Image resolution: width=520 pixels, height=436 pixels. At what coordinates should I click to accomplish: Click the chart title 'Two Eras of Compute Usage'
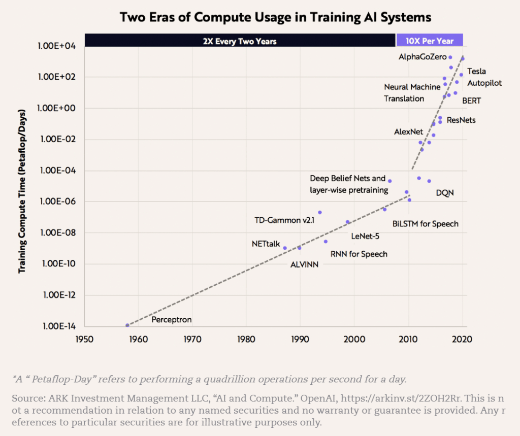pos(275,17)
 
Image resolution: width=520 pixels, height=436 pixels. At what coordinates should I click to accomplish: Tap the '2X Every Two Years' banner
pos(240,41)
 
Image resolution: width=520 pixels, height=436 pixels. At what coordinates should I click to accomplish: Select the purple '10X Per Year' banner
pos(429,41)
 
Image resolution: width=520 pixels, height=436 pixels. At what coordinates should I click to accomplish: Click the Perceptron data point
pos(127,325)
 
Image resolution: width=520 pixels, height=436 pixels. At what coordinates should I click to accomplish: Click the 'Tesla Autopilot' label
pos(484,77)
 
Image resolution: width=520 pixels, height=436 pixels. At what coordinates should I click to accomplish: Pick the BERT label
pos(471,101)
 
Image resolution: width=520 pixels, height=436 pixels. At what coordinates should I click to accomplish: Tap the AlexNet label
pos(408,132)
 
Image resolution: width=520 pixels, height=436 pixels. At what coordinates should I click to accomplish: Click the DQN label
pos(445,193)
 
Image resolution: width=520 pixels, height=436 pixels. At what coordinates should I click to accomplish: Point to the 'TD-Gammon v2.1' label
pos(284,220)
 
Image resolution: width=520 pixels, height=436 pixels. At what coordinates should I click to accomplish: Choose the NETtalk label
pos(266,244)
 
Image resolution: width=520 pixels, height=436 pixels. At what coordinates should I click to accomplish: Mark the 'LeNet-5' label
pos(365,236)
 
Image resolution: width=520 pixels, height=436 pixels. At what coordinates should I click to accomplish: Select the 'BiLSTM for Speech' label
pos(426,224)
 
